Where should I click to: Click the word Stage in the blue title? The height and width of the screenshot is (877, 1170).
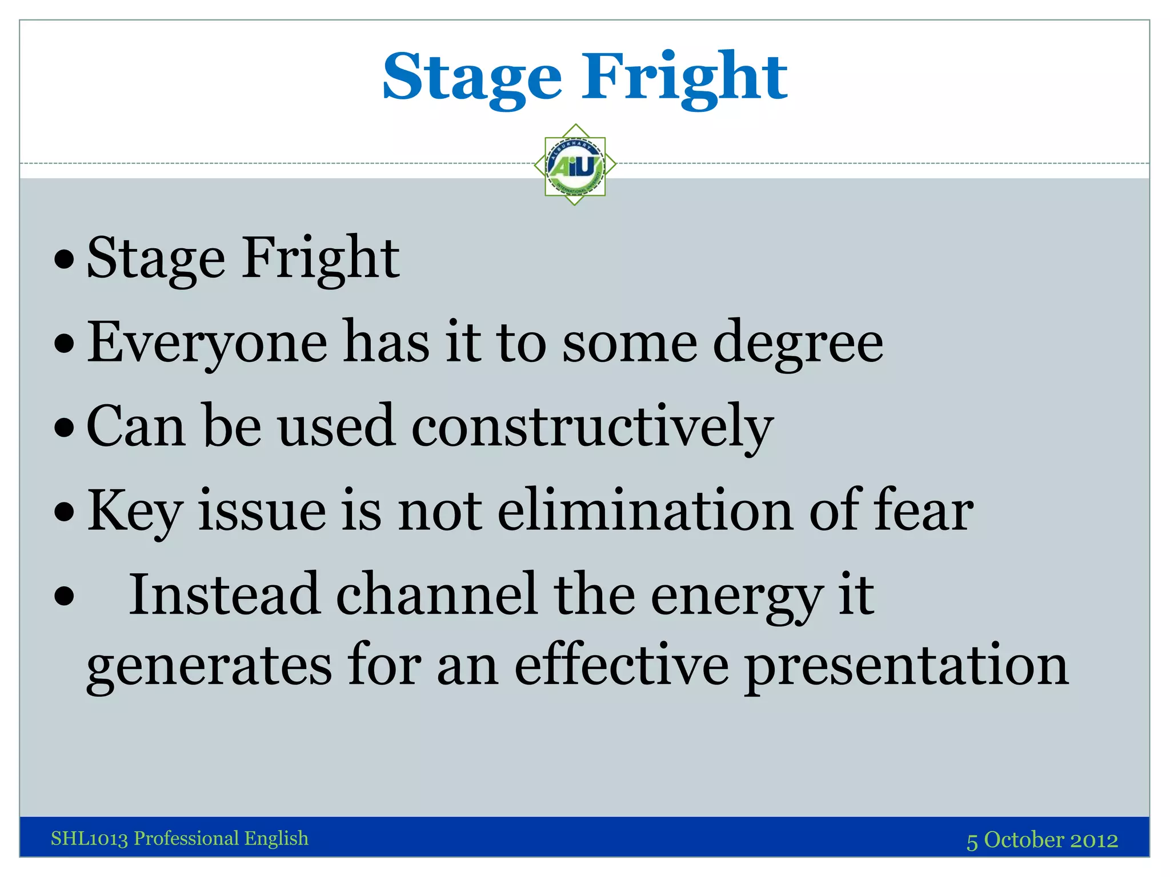click(472, 77)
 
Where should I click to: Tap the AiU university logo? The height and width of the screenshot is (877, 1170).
click(575, 165)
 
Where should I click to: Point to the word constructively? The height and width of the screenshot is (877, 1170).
click(592, 427)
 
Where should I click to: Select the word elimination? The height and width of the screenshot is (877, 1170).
click(645, 510)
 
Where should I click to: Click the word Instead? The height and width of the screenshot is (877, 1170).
click(224, 595)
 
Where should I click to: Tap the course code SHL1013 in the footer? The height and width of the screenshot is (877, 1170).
click(89, 839)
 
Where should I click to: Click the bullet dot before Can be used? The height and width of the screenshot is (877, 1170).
click(65, 428)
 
